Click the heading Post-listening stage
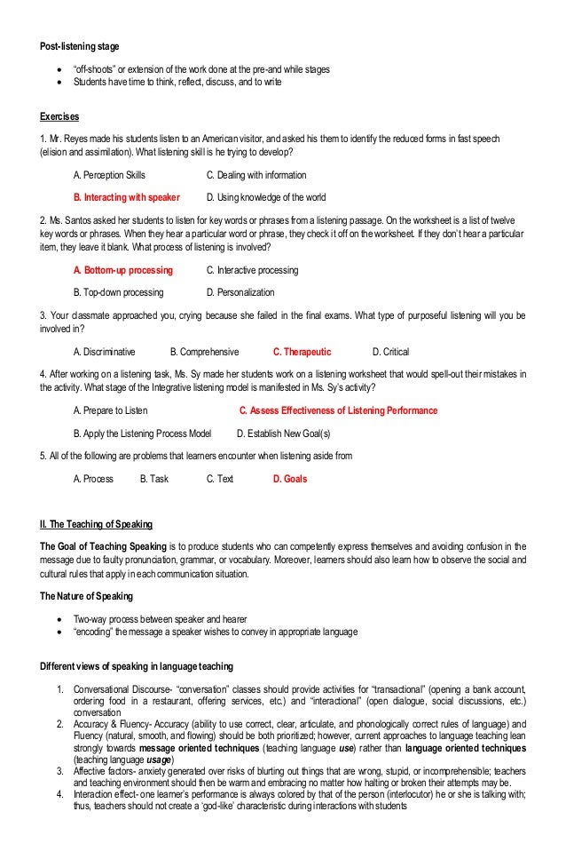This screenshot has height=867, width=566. coord(80,45)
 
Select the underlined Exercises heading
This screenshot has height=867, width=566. coord(59,116)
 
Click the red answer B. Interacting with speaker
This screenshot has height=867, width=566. coord(126,197)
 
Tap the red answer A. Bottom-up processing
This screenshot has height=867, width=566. coord(122,269)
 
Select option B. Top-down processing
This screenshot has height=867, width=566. coord(117,291)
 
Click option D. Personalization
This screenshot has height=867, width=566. coord(240,291)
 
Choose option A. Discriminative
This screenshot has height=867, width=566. coord(106,352)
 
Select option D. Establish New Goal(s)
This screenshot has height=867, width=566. coord(283,433)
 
